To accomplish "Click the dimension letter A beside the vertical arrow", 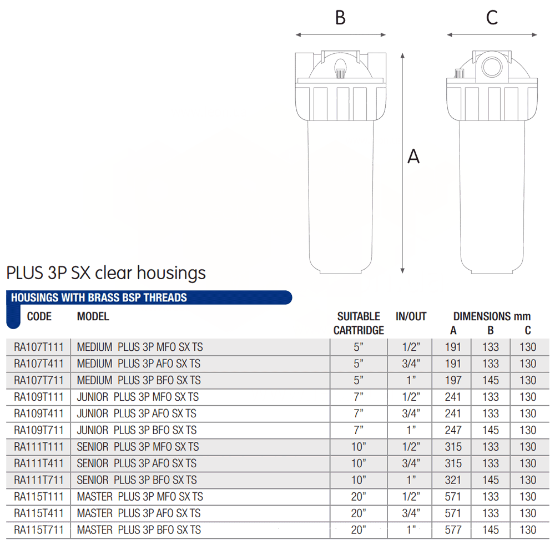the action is coord(413,156).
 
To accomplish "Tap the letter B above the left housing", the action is coord(340,17).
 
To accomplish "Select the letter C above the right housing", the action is coord(492,17).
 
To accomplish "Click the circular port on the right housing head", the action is coord(492,66).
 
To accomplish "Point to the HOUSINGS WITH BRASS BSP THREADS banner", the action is coord(149,297).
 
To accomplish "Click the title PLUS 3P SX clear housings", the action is coord(106,273).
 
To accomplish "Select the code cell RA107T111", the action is coord(39,347).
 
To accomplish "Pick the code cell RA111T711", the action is coord(39,480).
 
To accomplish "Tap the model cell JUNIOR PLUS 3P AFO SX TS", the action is coord(137,413).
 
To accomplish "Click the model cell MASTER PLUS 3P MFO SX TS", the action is coord(140,497).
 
